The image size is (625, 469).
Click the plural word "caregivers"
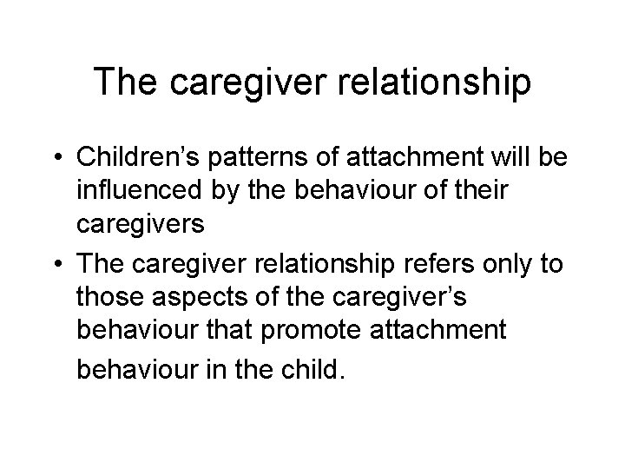pos(141,224)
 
